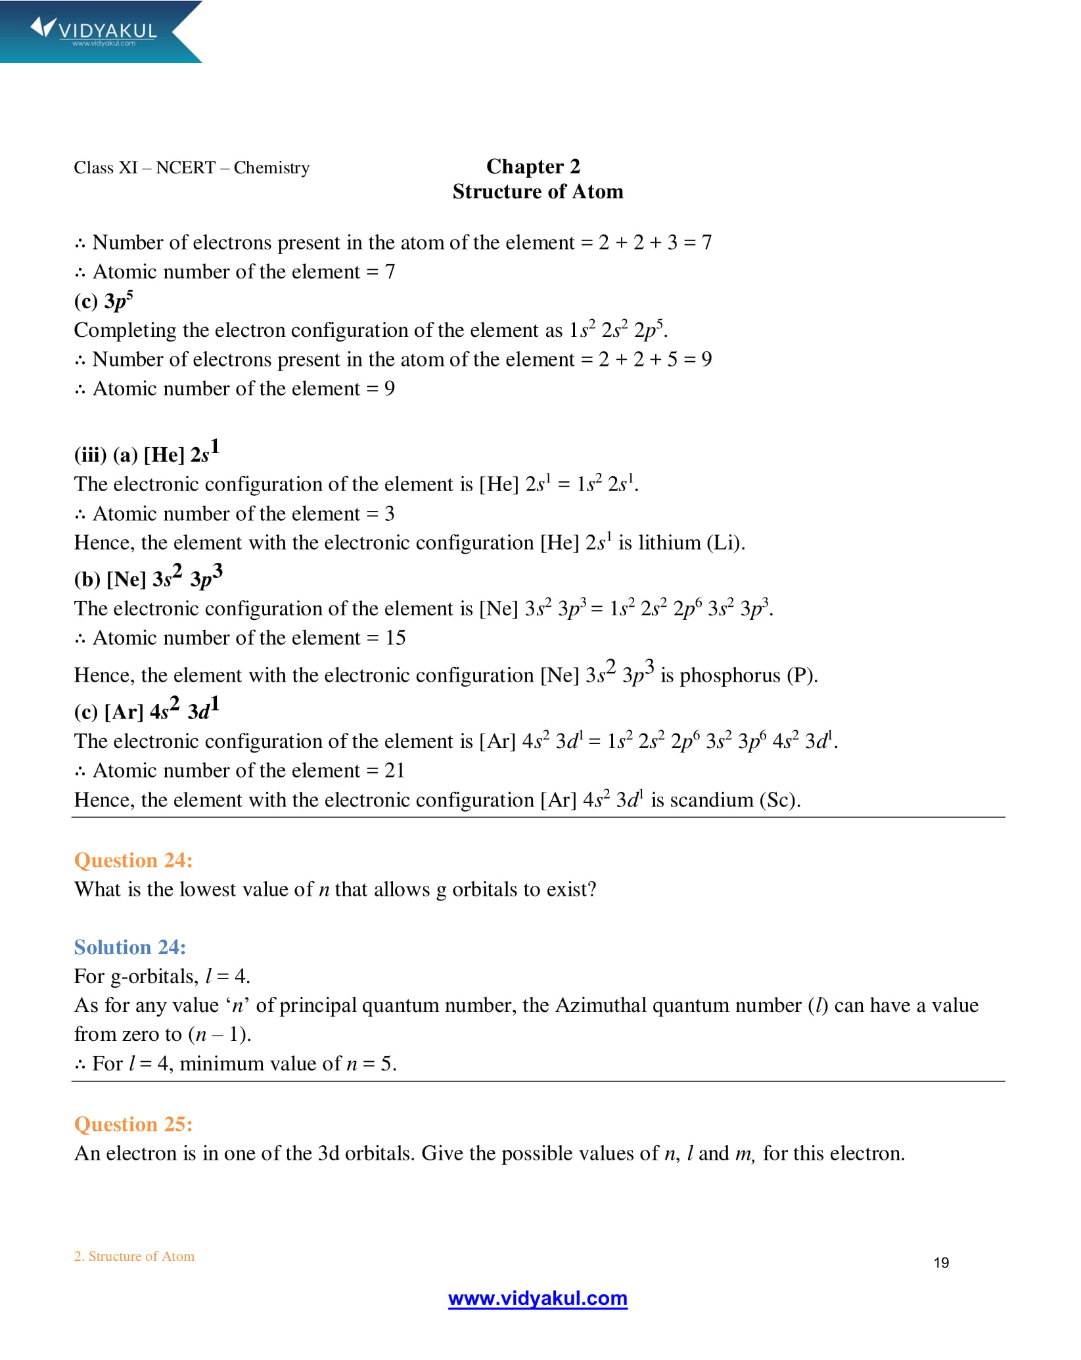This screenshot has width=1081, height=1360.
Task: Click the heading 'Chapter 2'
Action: (x=533, y=167)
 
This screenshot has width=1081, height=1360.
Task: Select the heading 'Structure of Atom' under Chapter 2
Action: (x=538, y=192)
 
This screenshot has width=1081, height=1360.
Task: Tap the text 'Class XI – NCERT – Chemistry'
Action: (x=191, y=168)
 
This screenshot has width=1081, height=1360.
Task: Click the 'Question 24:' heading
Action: (x=133, y=860)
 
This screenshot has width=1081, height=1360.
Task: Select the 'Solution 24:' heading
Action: (x=130, y=947)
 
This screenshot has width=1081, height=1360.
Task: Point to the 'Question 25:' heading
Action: (x=133, y=1124)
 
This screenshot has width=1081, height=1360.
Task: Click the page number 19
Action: (x=941, y=1262)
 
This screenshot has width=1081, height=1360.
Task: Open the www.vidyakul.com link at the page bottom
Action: (x=538, y=1298)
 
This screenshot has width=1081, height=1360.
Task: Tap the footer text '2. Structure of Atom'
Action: (x=134, y=1256)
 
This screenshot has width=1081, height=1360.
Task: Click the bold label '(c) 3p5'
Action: (x=104, y=301)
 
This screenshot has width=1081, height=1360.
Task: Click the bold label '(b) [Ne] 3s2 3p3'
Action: (x=148, y=578)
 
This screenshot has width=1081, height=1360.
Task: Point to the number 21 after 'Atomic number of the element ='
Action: (x=394, y=770)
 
